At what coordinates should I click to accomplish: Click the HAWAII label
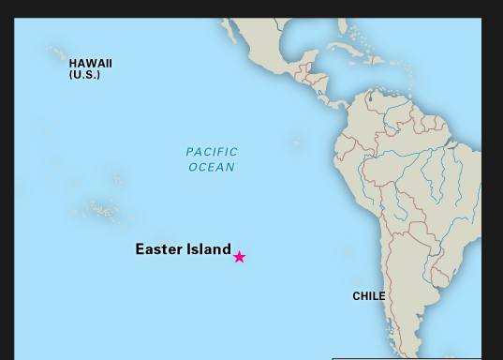pos(91,63)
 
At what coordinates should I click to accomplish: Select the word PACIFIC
pos(212,152)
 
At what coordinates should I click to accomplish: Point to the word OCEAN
pos(212,167)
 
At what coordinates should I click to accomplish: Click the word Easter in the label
pos(155,249)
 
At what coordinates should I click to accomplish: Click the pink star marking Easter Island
pos(240,257)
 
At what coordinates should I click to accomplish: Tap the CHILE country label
pos(368,296)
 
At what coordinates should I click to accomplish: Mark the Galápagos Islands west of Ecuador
pos(297,142)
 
